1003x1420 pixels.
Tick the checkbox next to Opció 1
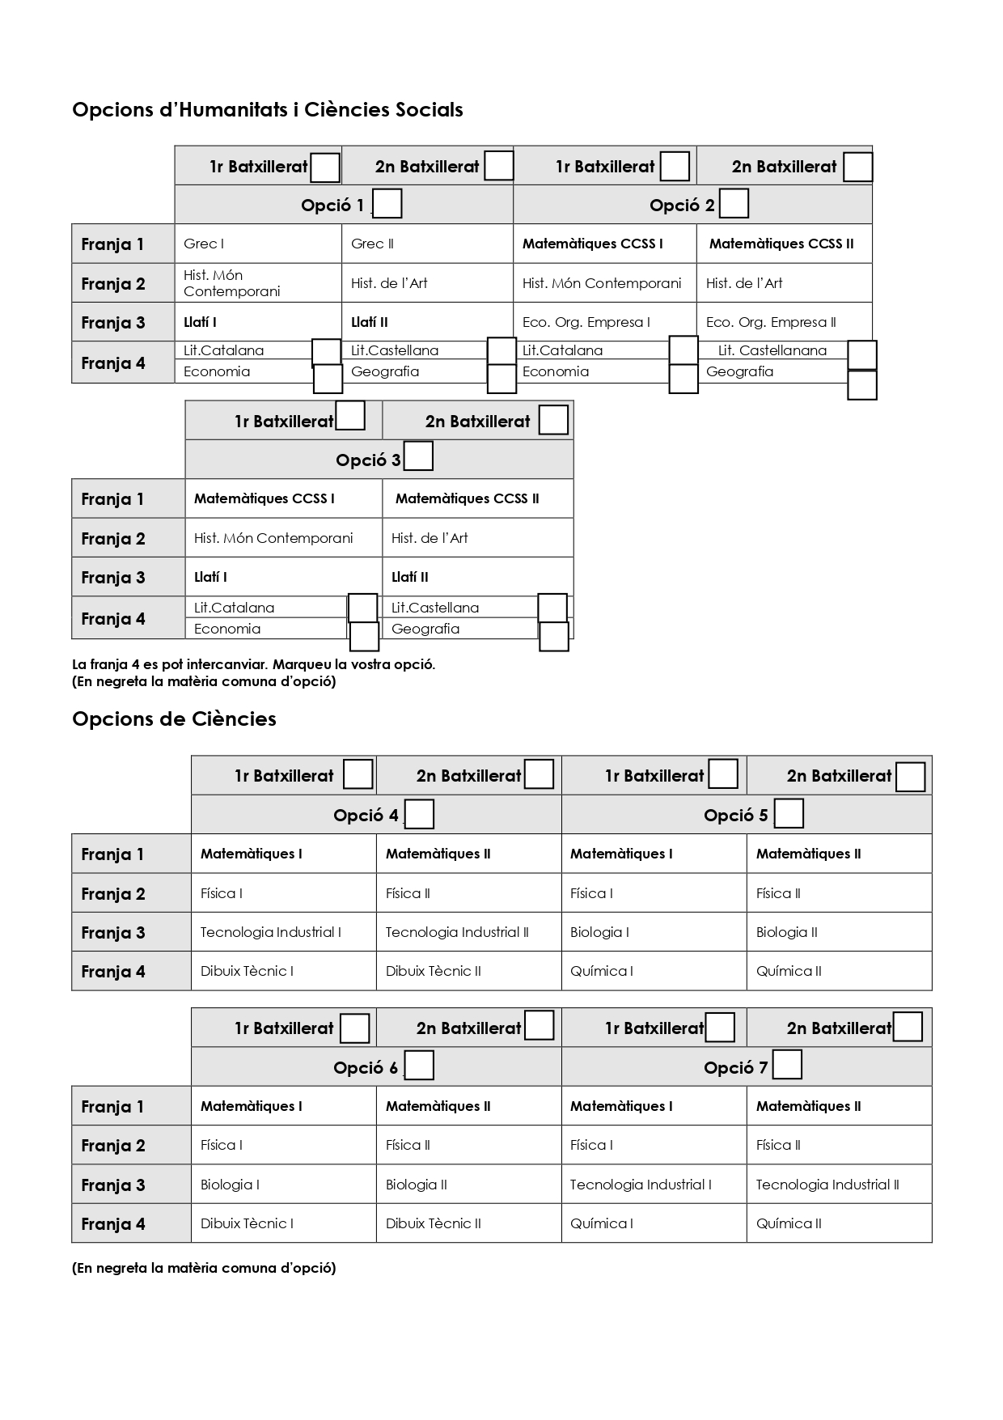click(387, 204)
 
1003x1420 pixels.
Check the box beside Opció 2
click(734, 203)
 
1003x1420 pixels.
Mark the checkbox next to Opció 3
click(418, 456)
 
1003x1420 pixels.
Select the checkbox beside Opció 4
click(419, 814)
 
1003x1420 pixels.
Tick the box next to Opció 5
click(789, 813)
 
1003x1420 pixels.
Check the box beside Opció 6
click(419, 1066)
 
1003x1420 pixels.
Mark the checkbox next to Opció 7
click(787, 1065)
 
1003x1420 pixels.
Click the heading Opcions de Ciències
click(174, 719)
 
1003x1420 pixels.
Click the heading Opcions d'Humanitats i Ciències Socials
click(267, 110)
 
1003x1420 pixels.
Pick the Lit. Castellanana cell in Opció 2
click(772, 350)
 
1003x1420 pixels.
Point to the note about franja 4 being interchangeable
click(253, 665)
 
